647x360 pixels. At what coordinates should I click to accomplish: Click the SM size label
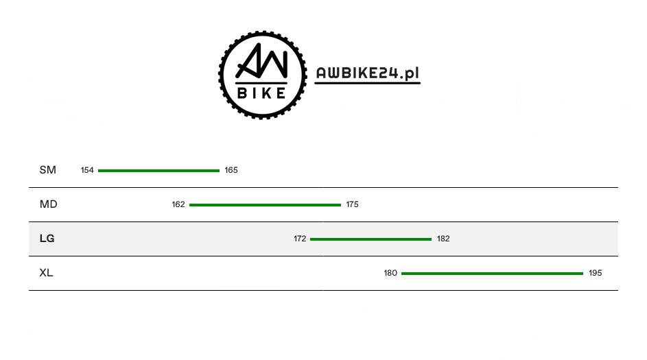(x=47, y=170)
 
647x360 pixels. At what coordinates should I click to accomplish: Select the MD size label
(x=48, y=204)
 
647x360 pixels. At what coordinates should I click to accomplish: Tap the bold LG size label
(x=47, y=239)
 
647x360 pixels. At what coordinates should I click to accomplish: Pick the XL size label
(x=46, y=273)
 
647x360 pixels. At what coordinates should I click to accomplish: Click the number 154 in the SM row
(x=87, y=170)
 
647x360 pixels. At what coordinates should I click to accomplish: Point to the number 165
(x=231, y=170)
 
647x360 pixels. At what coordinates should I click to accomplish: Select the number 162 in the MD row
(x=178, y=204)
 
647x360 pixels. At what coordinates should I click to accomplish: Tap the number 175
(x=353, y=204)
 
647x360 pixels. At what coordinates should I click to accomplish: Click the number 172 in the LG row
(x=300, y=239)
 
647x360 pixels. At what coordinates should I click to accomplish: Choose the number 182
(x=443, y=239)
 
